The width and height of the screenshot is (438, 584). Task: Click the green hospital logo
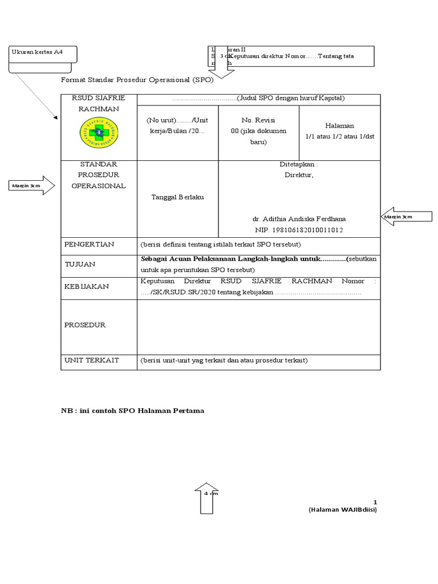pos(99,130)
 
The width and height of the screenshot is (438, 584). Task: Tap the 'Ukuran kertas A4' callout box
pos(42,54)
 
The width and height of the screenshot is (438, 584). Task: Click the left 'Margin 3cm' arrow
pos(32,185)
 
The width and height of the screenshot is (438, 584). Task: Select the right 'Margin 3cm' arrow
pos(401,217)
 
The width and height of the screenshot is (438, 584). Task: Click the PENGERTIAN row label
pos(90,244)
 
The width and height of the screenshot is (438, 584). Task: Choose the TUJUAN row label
pos(80,265)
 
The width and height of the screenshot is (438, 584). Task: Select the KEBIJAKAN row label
pos(87,286)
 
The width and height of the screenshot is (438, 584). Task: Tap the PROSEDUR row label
pos(85,325)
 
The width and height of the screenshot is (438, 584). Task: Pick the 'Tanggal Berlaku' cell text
pos(177,197)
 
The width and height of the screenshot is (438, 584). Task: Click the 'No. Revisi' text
pos(258,121)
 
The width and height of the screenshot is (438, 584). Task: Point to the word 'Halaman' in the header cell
pos(339,125)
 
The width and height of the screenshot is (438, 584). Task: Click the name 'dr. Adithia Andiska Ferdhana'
pos(299,219)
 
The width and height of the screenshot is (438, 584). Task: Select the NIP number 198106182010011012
pos(299,230)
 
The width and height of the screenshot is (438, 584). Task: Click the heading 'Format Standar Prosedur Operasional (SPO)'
pos(137,80)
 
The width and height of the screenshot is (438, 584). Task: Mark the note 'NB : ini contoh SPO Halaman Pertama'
pos(132,411)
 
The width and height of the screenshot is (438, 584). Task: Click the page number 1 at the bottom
pos(375,502)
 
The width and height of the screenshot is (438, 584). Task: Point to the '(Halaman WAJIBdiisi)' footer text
pos(343,510)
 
